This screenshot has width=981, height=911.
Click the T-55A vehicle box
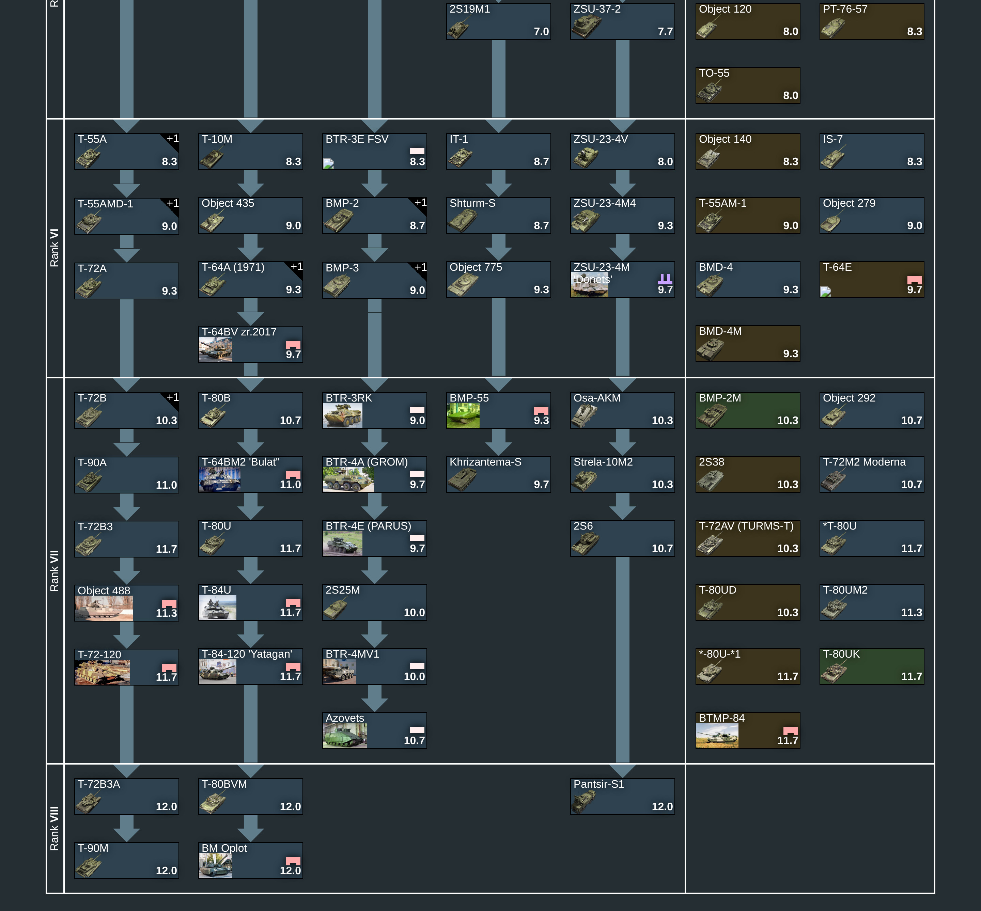127,151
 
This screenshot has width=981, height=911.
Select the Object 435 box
250,216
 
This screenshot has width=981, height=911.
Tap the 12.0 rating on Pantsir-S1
662,806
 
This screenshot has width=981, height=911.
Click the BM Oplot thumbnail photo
215,866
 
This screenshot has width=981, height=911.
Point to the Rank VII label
54,570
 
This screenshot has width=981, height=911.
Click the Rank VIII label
54,828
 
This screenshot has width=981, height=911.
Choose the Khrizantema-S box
498,474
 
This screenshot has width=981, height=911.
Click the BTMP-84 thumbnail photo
717,736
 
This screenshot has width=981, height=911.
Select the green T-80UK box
872,666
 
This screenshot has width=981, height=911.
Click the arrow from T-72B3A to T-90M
127,828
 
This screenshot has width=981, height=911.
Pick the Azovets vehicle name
345,718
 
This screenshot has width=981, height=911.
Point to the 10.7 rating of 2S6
662,548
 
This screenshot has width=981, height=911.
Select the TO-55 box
748,85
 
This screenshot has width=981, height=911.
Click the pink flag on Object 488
169,604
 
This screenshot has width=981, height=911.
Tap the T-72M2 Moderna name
864,462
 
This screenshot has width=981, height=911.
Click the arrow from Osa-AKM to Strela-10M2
623,442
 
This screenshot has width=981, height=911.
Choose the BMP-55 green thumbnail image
463,415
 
